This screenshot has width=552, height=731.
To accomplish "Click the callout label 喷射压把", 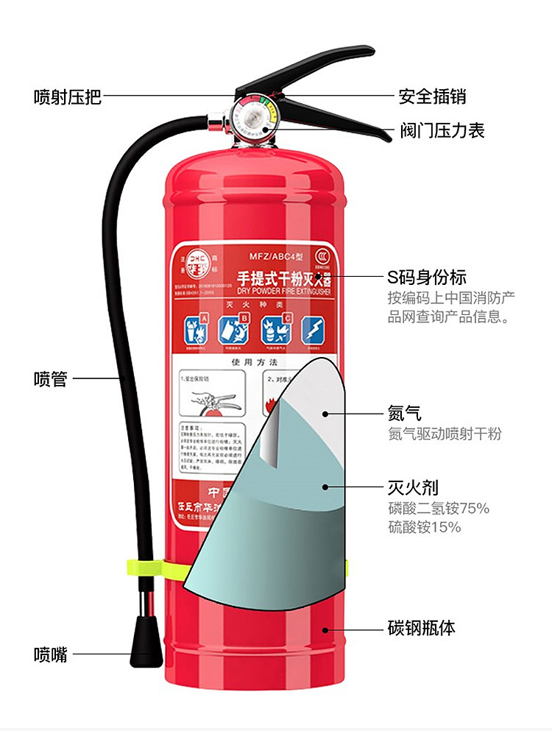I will (x=67, y=96).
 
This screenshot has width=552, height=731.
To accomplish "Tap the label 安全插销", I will (x=432, y=96).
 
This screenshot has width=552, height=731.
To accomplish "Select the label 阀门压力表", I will (x=442, y=131).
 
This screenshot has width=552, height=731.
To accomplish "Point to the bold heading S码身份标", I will (x=427, y=278).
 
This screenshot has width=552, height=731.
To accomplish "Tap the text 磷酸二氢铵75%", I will (x=438, y=508).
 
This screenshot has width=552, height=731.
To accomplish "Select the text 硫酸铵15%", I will (x=424, y=527).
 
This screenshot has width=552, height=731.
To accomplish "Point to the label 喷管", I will (x=50, y=379).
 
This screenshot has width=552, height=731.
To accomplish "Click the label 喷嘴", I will (x=50, y=654).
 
